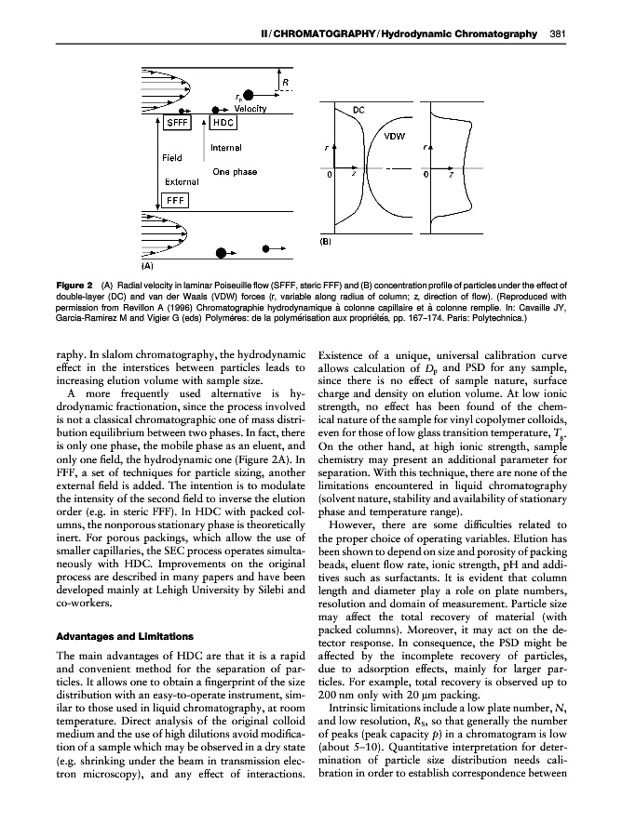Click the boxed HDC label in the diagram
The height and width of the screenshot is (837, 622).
(224, 122)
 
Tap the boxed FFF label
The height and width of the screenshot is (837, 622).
(177, 199)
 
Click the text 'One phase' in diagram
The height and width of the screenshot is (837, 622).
(235, 171)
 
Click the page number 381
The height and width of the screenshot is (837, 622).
(559, 34)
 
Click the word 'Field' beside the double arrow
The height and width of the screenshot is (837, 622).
(172, 157)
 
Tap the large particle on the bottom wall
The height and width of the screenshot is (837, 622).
(222, 252)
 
